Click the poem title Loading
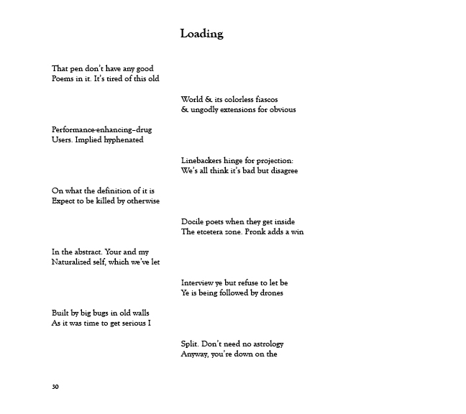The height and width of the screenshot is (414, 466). coord(201,34)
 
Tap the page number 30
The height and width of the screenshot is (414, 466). coord(55,387)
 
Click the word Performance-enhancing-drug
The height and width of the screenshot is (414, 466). coord(101,130)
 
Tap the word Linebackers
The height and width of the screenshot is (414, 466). coord(202,160)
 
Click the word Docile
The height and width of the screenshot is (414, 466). coord(192,221)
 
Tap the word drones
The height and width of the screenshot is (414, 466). coord(271,293)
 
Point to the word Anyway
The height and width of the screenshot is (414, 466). coord(195,354)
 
